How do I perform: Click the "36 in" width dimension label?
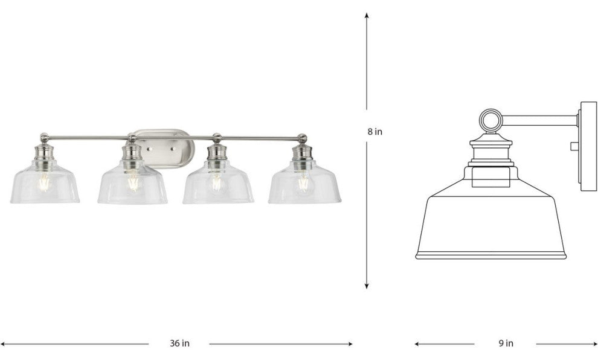[x=179, y=343]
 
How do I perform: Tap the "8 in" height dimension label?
[x=375, y=132]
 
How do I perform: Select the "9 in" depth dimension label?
[x=506, y=343]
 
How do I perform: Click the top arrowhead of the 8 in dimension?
[x=367, y=16]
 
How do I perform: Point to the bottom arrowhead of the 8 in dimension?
[x=367, y=286]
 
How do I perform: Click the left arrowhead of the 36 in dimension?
[x=4, y=344]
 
